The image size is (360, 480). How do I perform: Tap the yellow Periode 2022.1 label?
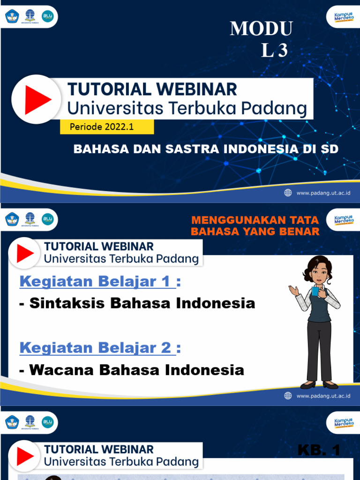pos(106,127)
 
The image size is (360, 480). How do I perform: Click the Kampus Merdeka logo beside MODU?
pos(344,17)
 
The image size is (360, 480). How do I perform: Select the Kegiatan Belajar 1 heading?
pos(97,282)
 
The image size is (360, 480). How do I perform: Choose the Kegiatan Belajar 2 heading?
pos(97,348)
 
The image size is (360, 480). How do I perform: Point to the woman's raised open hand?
pos(293,290)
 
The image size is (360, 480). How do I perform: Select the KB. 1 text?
pos(319,451)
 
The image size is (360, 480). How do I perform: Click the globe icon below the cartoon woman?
pos(288,396)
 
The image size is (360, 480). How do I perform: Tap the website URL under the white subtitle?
pos(323,193)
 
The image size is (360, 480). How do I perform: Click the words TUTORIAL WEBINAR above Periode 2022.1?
pos(152,89)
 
